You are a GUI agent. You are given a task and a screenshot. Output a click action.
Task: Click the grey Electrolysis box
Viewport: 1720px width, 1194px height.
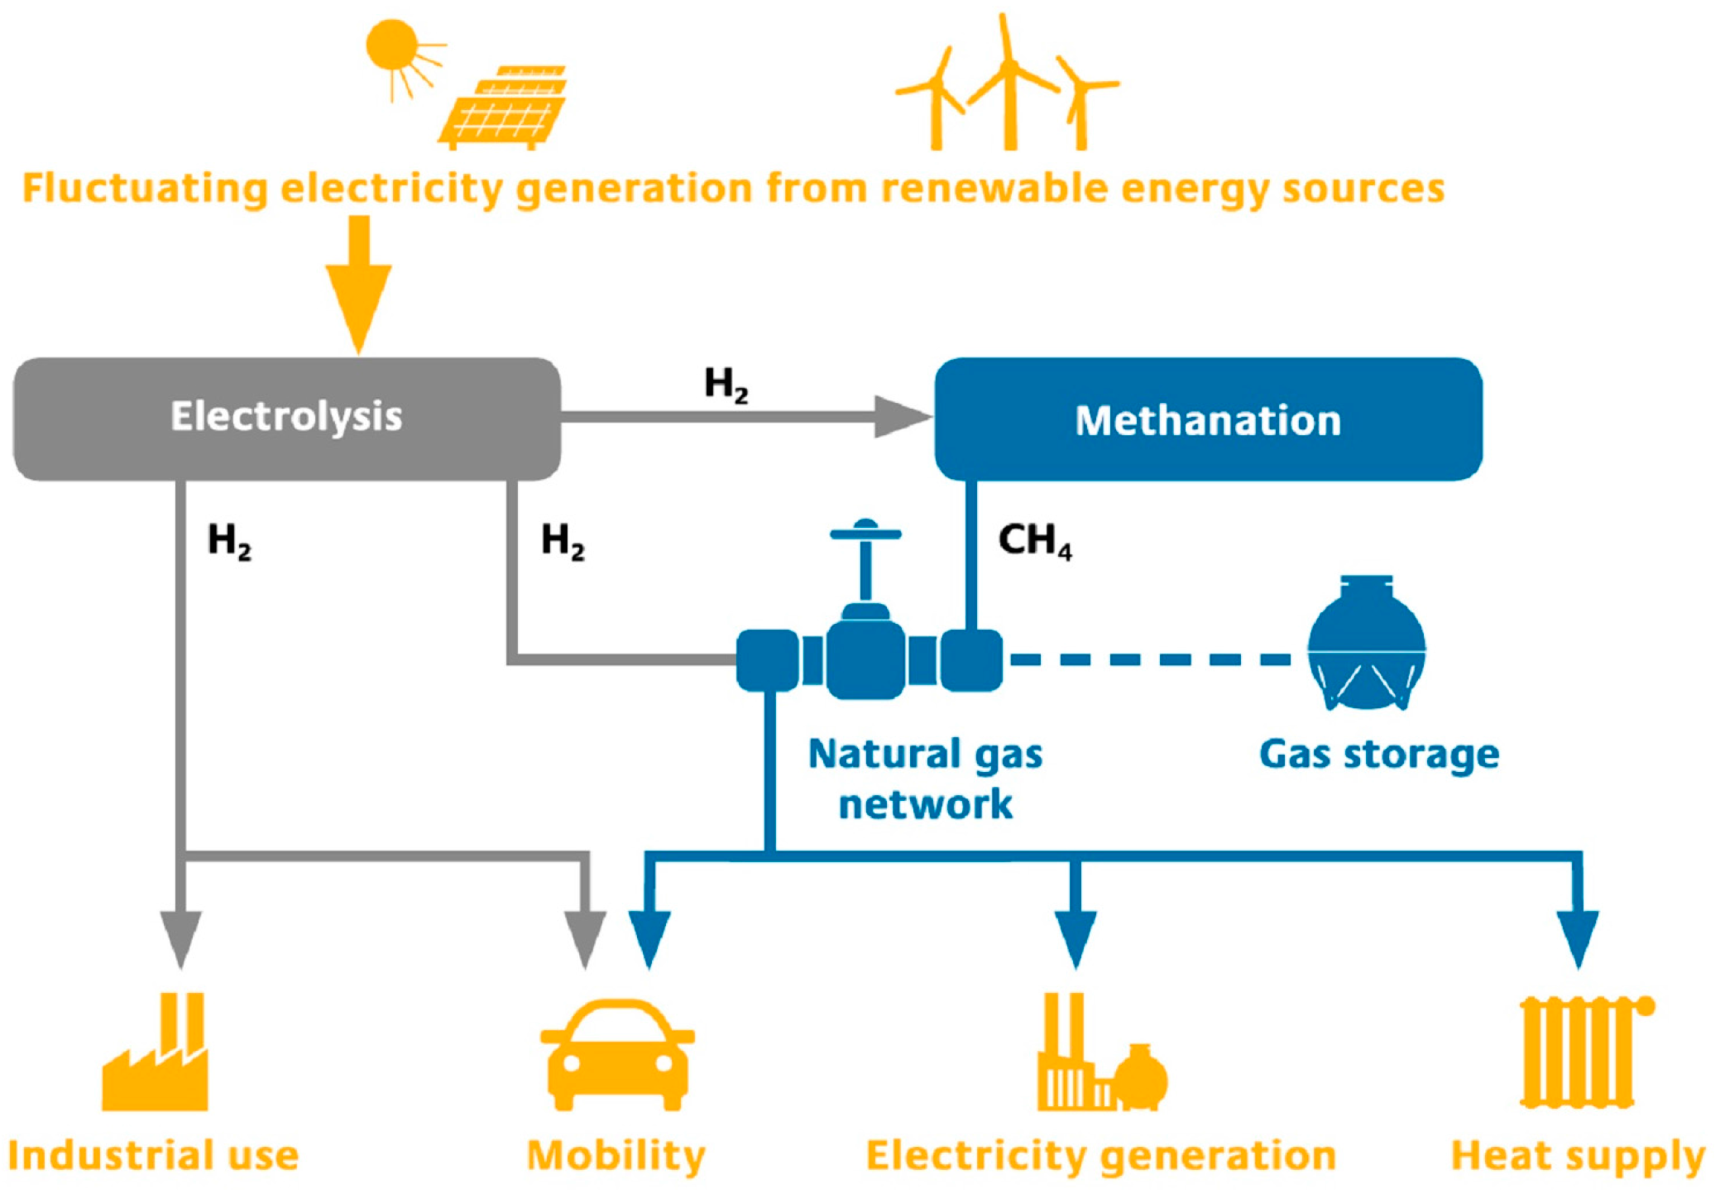286,418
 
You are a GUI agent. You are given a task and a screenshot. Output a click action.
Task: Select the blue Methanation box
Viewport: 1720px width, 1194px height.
1207,420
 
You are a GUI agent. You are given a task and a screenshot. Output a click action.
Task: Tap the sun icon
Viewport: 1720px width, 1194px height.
392,45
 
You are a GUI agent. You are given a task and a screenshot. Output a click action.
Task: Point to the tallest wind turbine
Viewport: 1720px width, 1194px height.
1009,83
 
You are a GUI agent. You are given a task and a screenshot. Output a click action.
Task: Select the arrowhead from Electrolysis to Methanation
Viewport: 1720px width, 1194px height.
902,416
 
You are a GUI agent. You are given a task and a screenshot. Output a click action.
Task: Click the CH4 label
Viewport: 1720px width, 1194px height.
1034,541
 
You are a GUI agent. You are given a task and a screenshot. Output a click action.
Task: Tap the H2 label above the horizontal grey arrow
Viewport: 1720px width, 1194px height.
726,385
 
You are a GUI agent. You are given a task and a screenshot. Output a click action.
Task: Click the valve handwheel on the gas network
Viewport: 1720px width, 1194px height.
865,534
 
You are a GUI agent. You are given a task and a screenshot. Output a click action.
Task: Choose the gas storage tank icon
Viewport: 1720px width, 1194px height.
1366,645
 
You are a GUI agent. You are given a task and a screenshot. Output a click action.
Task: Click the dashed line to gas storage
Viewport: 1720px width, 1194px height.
1150,659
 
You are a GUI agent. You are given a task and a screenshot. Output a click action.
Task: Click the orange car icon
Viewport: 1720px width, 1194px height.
617,1055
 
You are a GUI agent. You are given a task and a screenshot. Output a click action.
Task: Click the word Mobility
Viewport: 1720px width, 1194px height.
616,1156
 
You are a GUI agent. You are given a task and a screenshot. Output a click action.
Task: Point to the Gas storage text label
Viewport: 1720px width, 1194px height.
1378,755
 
